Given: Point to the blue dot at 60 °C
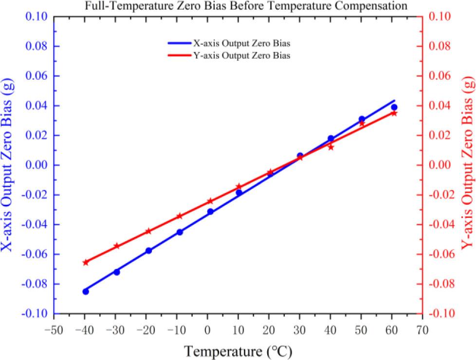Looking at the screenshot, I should [394, 107].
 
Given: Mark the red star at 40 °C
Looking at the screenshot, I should [331, 147].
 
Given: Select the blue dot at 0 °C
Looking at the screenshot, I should [210, 212].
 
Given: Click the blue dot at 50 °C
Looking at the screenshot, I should [362, 119].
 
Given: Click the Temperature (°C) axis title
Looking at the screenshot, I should [238, 350].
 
